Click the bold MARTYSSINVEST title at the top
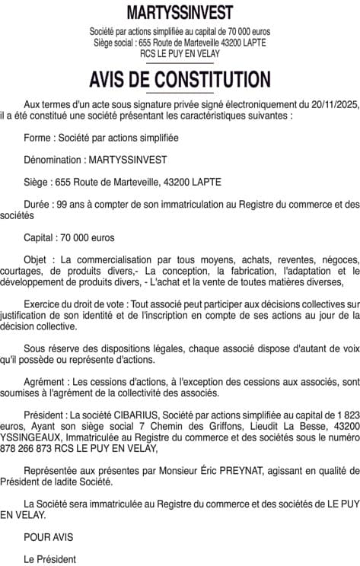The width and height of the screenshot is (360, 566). pyautogui.click(x=180, y=12)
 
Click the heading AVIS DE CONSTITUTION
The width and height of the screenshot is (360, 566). pyautogui.click(x=180, y=80)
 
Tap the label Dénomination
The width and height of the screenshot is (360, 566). pyautogui.click(x=52, y=160)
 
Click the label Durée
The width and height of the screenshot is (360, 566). pyautogui.click(x=38, y=204)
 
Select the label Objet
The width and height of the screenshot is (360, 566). pyautogui.click(x=37, y=259)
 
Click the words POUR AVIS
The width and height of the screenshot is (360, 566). pyautogui.click(x=48, y=537)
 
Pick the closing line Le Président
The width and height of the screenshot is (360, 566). pyautogui.click(x=49, y=559)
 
